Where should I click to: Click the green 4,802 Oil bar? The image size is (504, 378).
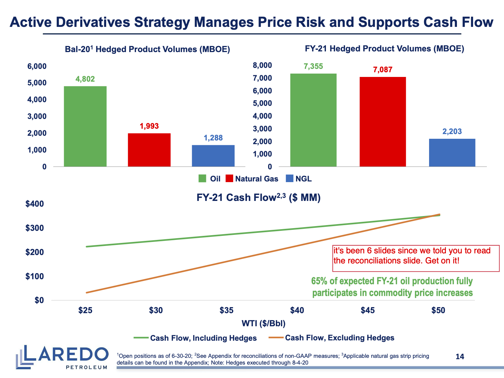tap(85, 126)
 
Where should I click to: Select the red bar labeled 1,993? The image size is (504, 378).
tap(149, 150)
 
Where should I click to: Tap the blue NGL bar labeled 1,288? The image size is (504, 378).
tap(213, 156)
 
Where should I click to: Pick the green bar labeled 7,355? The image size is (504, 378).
tap(313, 120)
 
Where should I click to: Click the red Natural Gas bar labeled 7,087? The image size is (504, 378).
tap(383, 122)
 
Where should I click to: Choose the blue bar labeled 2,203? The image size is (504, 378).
tap(452, 153)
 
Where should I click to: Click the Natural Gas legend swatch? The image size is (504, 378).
tap(229, 179)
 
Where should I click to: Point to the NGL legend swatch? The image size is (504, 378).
tap(289, 179)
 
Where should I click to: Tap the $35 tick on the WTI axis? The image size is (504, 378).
tap(226, 310)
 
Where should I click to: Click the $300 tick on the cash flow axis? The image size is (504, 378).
tap(35, 228)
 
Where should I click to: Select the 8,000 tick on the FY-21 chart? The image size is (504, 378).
tap(262, 65)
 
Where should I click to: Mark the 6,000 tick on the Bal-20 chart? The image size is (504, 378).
tap(37, 66)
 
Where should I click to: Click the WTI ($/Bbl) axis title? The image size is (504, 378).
tap(263, 324)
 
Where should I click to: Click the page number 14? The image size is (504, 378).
tap(460, 356)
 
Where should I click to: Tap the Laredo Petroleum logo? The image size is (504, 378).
tap(62, 357)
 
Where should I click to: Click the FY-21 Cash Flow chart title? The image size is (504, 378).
tap(258, 198)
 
